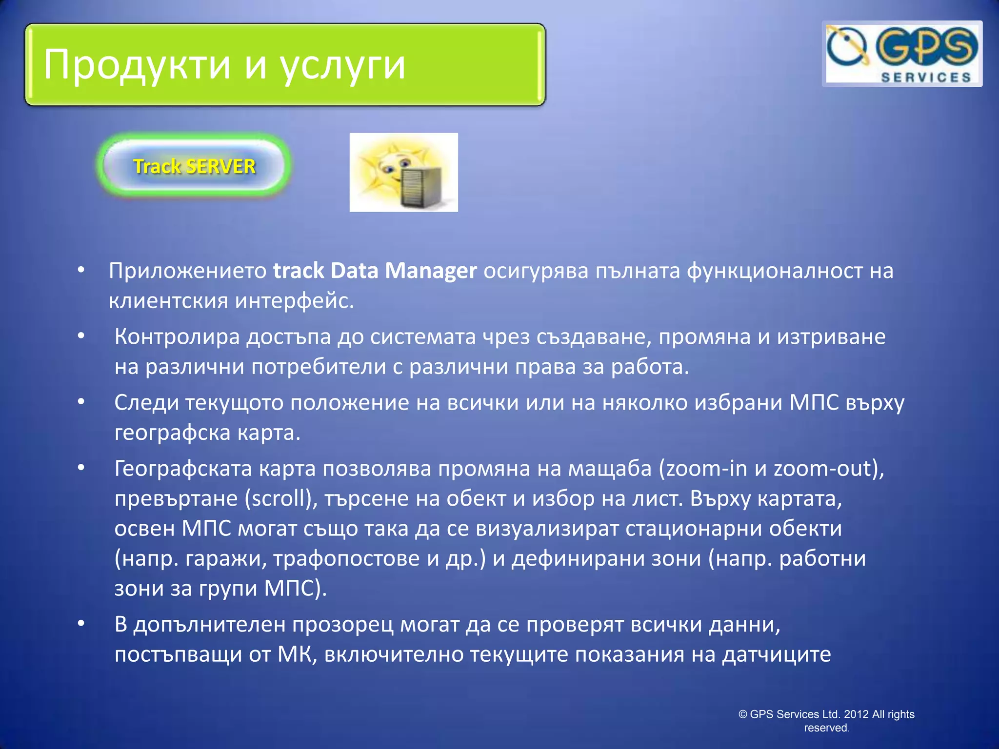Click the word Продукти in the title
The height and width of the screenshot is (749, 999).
pyautogui.click(x=137, y=65)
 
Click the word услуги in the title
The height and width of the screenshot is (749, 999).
pyautogui.click(x=342, y=65)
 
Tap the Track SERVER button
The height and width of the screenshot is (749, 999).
pyautogui.click(x=194, y=166)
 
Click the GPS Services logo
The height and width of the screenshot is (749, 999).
pyautogui.click(x=902, y=54)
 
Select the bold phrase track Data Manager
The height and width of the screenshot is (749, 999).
pyautogui.click(x=375, y=271)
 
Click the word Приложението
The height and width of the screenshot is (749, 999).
pyautogui.click(x=188, y=271)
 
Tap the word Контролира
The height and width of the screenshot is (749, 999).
pyautogui.click(x=177, y=336)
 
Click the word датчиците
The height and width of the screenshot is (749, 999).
pyautogui.click(x=776, y=654)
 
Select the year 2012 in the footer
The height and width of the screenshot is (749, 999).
pyautogui.click(x=856, y=714)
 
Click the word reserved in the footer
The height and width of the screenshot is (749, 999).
pyautogui.click(x=825, y=728)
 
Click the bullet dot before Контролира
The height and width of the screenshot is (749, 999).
pyautogui.click(x=81, y=335)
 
